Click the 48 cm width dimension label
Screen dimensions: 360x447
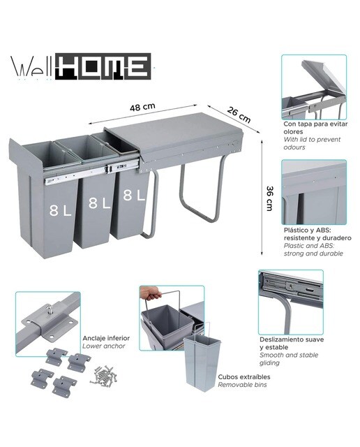142,107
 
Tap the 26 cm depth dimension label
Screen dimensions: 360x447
239,115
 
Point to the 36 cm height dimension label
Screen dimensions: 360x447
269,198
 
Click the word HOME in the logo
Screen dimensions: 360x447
103,66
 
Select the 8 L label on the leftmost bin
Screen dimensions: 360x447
60,210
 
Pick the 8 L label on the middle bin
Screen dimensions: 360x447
99,203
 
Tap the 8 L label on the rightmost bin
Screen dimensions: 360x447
134,196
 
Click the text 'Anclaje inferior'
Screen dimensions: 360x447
106,338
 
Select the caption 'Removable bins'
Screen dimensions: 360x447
242,385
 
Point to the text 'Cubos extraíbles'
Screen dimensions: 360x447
244,376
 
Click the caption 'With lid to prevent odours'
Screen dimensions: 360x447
312,143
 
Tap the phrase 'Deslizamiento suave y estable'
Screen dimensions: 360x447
292,343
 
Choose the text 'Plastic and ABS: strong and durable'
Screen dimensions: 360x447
313,249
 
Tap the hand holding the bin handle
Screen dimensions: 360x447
151,293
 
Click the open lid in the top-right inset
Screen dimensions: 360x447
324,76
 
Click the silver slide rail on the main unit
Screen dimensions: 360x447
91,172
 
